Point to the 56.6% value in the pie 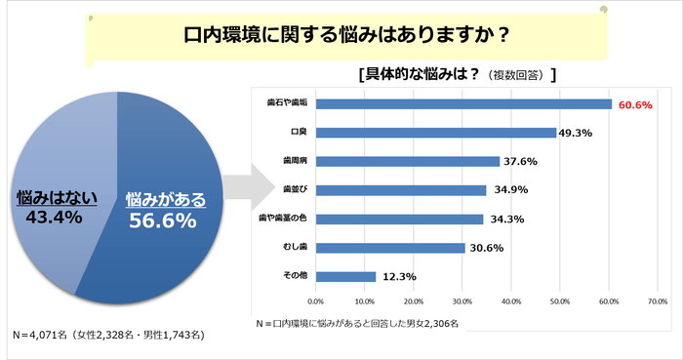(x=163, y=220)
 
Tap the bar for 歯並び (x=401, y=190)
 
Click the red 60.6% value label (x=634, y=104)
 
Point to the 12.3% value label (x=399, y=276)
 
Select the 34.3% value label (x=506, y=220)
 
